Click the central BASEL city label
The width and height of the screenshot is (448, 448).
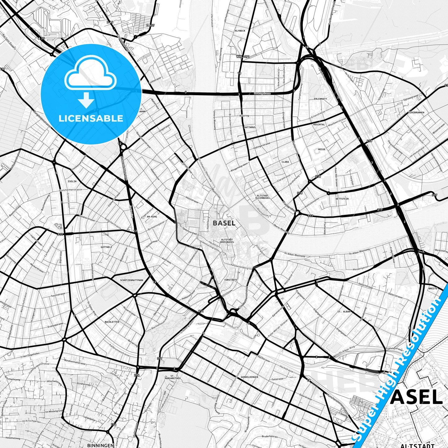pyautogui.click(x=224, y=223)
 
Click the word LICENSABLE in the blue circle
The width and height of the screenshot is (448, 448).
pyautogui.click(x=91, y=118)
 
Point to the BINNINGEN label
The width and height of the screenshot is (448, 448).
pyautogui.click(x=100, y=445)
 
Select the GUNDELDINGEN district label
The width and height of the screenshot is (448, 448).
pyautogui.click(x=249, y=377)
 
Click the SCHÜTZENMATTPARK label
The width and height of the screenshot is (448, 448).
pyautogui.click(x=132, y=280)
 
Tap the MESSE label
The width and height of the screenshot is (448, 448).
pyautogui.click(x=322, y=149)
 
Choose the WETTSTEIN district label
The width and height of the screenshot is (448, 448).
pyautogui.click(x=342, y=199)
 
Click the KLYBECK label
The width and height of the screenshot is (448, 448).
pyautogui.click(x=240, y=31)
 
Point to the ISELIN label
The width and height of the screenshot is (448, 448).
pyautogui.click(x=72, y=181)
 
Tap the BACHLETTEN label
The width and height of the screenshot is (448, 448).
pyautogui.click(x=112, y=322)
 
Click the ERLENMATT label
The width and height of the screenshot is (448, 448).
pyautogui.click(x=320, y=99)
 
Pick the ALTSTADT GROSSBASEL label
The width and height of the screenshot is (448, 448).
pyautogui.click(x=227, y=241)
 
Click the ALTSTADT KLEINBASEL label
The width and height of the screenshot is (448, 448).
pyautogui.click(x=263, y=197)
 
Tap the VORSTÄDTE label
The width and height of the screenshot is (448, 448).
pyautogui.click(x=230, y=280)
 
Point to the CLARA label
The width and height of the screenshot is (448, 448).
pyautogui.click(x=285, y=162)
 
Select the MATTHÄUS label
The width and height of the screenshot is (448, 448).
pyautogui.click(x=250, y=127)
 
